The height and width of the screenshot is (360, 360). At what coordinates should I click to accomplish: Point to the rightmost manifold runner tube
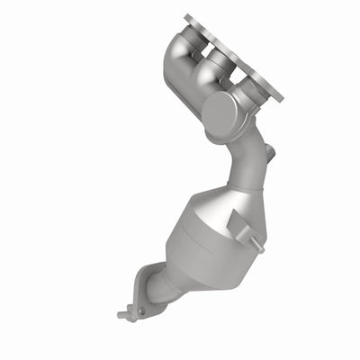pos(241,88)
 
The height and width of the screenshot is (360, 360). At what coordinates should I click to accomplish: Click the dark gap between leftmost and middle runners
pos(200,56)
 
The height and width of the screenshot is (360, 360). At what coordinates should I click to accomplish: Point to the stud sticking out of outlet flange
pos(123,316)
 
